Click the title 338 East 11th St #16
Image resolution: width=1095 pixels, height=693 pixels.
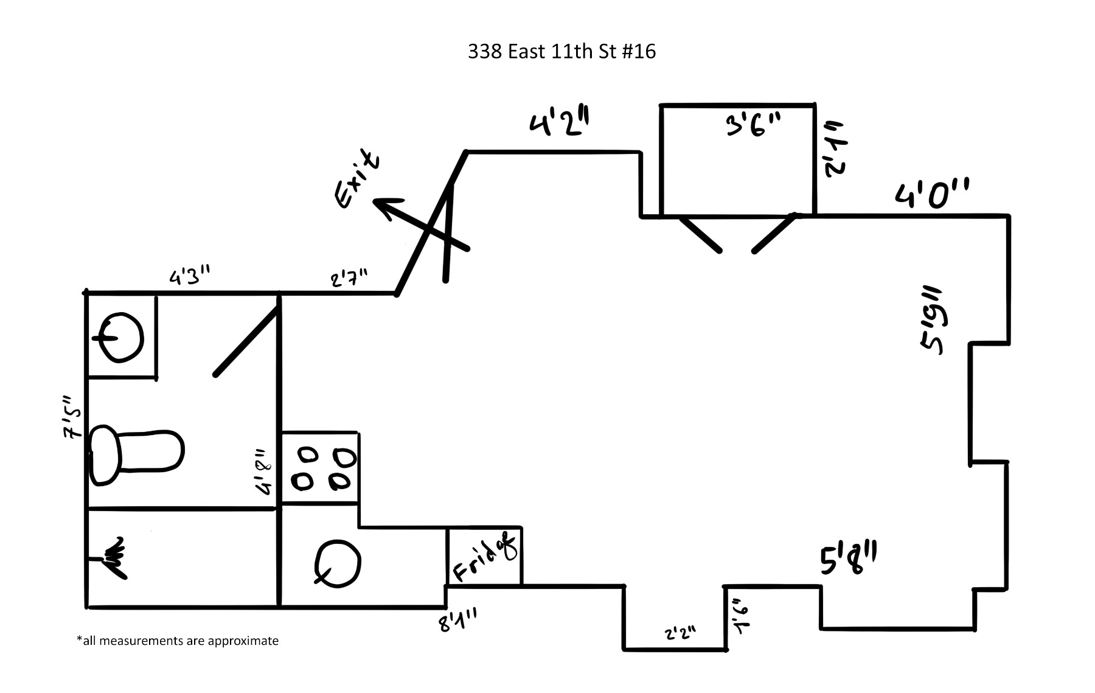click(561, 52)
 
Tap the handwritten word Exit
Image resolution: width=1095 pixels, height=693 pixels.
click(358, 179)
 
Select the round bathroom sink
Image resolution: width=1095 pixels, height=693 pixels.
click(122, 336)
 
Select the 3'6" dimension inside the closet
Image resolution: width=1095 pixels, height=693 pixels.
click(753, 125)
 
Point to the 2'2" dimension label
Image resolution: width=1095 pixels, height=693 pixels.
click(680, 633)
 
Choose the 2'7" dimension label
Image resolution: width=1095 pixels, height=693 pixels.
click(349, 279)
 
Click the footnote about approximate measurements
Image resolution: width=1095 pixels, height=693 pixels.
click(178, 641)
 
